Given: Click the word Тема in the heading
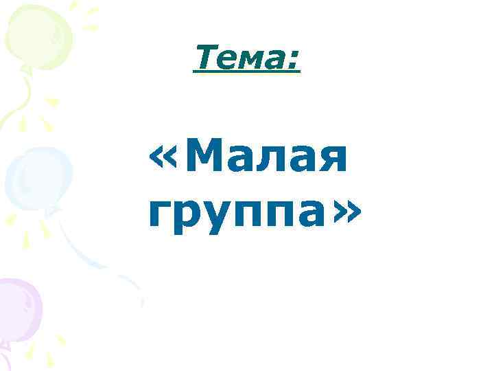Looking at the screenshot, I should (239, 58).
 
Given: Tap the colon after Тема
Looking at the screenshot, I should (294, 61).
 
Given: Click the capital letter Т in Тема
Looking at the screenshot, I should (204, 58).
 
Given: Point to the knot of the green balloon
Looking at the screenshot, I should (26, 69).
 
